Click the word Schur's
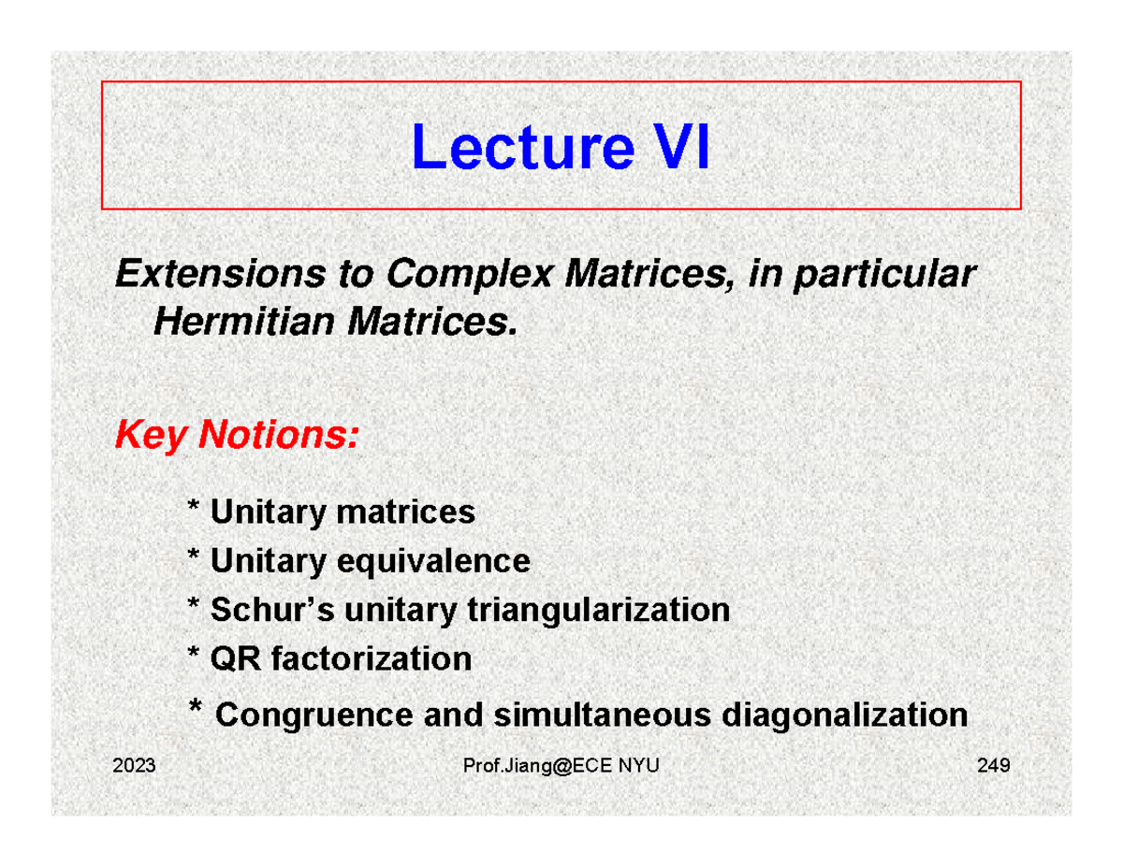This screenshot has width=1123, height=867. (272, 611)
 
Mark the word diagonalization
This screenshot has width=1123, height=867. (846, 716)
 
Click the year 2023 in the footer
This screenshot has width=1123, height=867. (134, 768)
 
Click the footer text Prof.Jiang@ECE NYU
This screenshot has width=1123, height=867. (561, 768)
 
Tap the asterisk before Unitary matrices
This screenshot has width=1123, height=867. (194, 509)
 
